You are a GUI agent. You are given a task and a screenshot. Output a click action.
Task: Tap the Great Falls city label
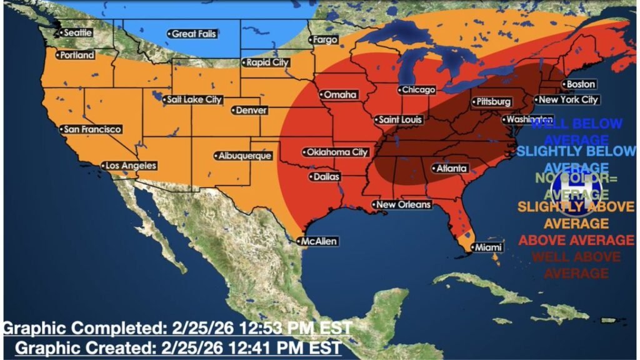(192, 34)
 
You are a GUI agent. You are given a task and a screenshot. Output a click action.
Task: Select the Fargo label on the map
(324, 40)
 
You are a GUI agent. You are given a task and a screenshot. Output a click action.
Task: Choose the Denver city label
(251, 111)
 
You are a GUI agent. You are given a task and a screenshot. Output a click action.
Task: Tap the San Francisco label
(91, 129)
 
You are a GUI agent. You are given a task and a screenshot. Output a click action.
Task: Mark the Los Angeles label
(129, 166)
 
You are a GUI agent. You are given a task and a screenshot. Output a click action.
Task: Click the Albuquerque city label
(243, 156)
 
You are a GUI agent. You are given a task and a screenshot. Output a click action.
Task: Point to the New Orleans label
(402, 204)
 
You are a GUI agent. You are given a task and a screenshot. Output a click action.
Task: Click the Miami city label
(486, 247)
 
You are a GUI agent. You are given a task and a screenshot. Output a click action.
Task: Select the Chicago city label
(417, 90)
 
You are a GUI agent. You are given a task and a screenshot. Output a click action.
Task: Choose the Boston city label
(579, 84)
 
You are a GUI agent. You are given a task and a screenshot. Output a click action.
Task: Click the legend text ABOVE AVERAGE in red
(576, 240)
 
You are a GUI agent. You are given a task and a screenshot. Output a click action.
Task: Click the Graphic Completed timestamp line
(177, 327)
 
